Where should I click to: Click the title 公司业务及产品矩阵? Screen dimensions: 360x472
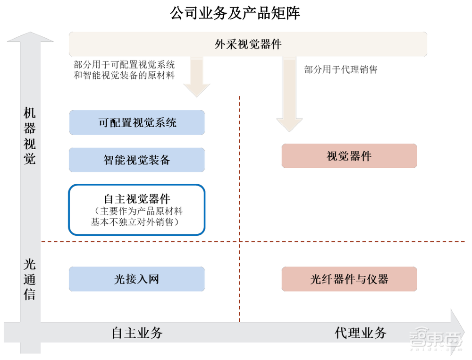point(235,13)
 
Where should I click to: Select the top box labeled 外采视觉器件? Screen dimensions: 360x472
point(248,43)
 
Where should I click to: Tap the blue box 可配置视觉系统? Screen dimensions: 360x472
point(137,122)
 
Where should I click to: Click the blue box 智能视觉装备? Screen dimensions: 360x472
point(137,160)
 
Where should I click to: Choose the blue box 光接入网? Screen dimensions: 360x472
point(137,279)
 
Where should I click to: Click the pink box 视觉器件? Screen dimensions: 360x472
point(349,156)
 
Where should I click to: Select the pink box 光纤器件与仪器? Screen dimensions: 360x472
point(349,279)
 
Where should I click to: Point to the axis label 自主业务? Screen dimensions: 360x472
point(137,333)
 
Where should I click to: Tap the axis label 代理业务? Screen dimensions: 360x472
point(361,333)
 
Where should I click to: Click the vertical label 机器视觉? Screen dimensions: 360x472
point(30,136)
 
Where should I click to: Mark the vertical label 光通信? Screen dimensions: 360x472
point(30,279)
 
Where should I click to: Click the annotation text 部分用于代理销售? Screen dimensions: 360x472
point(341,70)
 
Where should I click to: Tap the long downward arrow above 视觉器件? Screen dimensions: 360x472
point(289,94)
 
